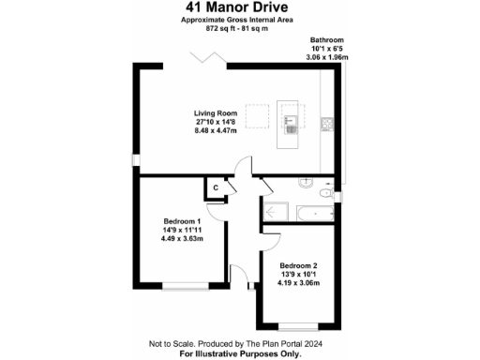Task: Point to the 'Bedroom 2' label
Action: click(298, 264)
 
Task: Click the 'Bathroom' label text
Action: click(327, 40)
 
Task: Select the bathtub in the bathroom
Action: click(316, 213)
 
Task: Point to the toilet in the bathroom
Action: click(323, 192)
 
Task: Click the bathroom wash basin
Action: click(306, 183)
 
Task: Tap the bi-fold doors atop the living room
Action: click(210, 58)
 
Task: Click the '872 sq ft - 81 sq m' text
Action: click(239, 28)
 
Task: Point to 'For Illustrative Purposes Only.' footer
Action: click(239, 353)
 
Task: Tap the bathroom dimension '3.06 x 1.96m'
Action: click(327, 57)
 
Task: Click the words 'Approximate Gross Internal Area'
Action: click(239, 20)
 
